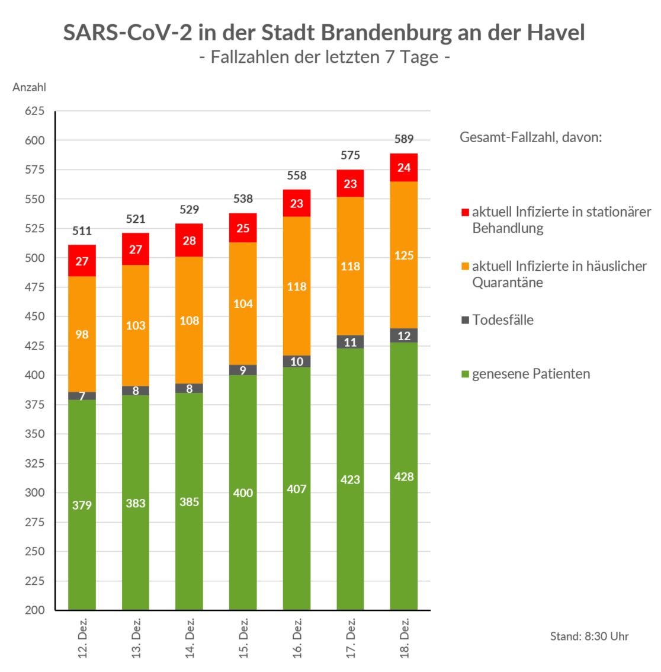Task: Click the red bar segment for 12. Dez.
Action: (82, 261)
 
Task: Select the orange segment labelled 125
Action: (404, 255)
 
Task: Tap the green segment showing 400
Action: (243, 492)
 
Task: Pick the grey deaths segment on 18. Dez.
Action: (404, 335)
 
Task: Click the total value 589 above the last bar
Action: (404, 139)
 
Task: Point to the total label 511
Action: (82, 231)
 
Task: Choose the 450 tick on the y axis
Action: (34, 316)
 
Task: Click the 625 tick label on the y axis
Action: (34, 111)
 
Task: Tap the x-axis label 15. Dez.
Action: (243, 638)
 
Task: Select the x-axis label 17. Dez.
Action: (351, 638)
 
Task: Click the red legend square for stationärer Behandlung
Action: (466, 212)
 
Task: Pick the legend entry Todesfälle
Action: (502, 320)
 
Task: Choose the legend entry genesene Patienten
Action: (531, 374)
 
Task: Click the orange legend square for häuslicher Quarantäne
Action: (466, 267)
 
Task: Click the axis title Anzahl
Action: (29, 87)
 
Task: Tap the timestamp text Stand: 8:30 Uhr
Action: (589, 636)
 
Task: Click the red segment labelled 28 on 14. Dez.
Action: (190, 240)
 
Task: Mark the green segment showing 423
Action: (351, 479)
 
